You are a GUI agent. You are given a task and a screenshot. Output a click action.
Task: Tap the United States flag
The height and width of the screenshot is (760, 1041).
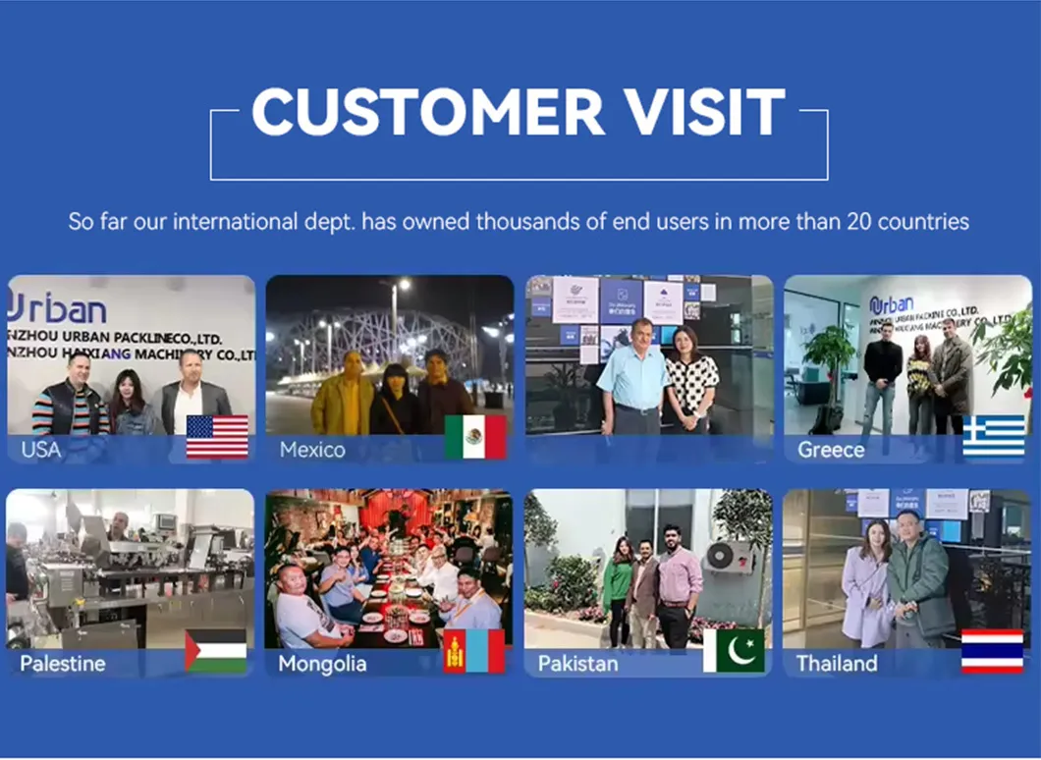217,437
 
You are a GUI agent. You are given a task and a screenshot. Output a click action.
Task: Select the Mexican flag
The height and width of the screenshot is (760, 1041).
475,437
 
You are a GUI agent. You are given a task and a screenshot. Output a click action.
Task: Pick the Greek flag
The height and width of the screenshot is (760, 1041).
993,437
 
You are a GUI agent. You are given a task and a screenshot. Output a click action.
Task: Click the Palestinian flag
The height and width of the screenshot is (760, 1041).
216,651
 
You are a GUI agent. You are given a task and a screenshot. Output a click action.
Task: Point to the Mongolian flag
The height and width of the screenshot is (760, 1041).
474,651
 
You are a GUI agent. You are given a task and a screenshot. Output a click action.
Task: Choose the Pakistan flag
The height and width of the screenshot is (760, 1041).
734,651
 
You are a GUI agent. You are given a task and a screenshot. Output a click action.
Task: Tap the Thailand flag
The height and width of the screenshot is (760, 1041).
992,651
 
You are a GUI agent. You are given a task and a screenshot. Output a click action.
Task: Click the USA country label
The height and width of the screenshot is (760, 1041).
40,450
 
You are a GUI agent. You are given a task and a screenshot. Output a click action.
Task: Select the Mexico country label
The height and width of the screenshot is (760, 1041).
312,450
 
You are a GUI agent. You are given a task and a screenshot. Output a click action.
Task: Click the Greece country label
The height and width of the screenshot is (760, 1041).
831,450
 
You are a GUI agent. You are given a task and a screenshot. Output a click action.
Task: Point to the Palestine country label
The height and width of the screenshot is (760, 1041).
62,664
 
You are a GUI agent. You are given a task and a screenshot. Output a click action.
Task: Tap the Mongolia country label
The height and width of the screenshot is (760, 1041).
322,664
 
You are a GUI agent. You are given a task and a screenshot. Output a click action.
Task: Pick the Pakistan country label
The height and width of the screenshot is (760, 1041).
577,664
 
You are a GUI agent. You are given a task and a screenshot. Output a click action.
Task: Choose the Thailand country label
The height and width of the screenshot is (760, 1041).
837,664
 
